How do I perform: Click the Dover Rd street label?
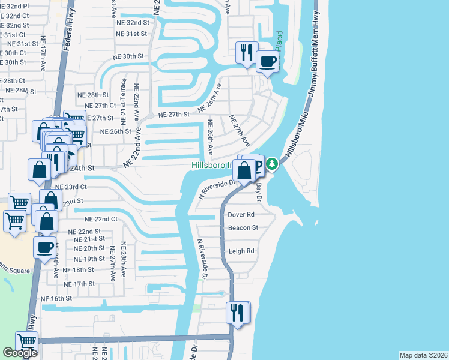[x=242, y=214]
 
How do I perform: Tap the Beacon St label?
[x=243, y=228]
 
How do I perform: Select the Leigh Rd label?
[x=241, y=251]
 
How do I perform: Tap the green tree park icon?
[x=272, y=163]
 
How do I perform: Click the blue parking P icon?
[x=257, y=166]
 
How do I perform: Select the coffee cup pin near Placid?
[x=268, y=61]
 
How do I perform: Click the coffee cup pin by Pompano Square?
[x=44, y=247]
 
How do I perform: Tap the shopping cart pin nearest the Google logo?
[x=26, y=342]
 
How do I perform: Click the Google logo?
[x=20, y=353]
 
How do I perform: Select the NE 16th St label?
[x=56, y=298]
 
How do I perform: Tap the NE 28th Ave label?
[x=124, y=260]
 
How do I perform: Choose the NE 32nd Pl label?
[x=14, y=5]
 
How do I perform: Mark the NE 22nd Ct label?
[x=101, y=220]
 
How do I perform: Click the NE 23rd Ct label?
[x=72, y=187]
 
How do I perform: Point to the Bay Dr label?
[x=260, y=190]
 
